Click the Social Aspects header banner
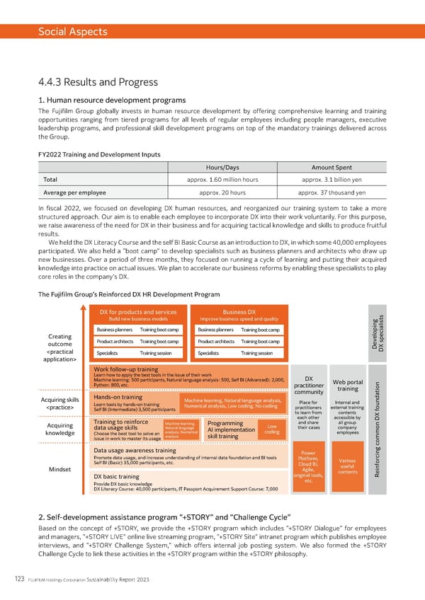[212, 32]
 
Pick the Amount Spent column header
[331, 167]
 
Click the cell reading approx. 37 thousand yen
[331, 192]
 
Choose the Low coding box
[272, 429]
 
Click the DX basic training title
[116, 477]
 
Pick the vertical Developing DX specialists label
[380, 338]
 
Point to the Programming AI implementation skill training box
[227, 429]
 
